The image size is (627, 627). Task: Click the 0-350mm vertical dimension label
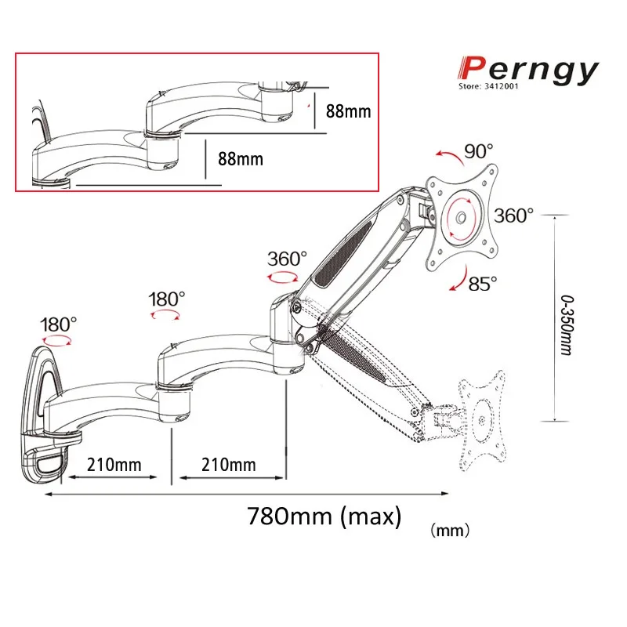(565, 322)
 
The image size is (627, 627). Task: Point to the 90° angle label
(477, 150)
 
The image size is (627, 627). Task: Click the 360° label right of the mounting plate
(514, 216)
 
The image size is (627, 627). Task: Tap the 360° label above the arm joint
(287, 259)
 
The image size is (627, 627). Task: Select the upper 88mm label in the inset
(348, 111)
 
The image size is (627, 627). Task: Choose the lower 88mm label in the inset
(241, 158)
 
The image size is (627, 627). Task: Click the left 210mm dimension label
(114, 464)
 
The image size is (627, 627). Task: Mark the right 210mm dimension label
(229, 464)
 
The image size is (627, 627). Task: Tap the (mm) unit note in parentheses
(449, 531)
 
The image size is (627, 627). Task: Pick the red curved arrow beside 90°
(447, 156)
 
